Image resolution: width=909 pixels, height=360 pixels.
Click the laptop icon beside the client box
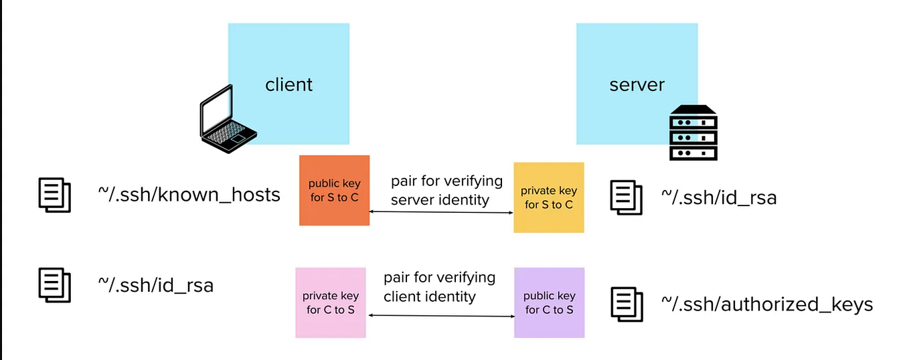(228, 120)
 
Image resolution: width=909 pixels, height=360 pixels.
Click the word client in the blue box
(288, 85)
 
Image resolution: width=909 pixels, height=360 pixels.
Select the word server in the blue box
(637, 85)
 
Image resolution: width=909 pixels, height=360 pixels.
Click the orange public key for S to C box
(334, 191)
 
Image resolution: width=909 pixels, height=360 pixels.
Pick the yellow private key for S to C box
(549, 198)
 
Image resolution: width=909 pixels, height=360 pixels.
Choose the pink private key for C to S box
(331, 302)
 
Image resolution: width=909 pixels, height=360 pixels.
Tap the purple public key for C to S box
(549, 302)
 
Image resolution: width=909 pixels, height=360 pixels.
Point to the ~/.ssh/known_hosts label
(189, 194)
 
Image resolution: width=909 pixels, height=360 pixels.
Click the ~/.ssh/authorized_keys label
(767, 304)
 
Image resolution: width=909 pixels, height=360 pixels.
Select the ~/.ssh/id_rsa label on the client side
(155, 285)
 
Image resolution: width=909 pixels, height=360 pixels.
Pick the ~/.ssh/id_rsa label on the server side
(719, 197)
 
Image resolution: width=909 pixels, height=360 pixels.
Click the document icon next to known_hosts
(54, 195)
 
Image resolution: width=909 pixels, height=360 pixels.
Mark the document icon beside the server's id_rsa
(627, 197)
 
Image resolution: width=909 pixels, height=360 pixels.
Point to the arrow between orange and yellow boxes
(441, 212)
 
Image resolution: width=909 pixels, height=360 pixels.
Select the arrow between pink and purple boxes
(440, 315)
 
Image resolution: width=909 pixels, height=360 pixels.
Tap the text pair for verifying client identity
(439, 286)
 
